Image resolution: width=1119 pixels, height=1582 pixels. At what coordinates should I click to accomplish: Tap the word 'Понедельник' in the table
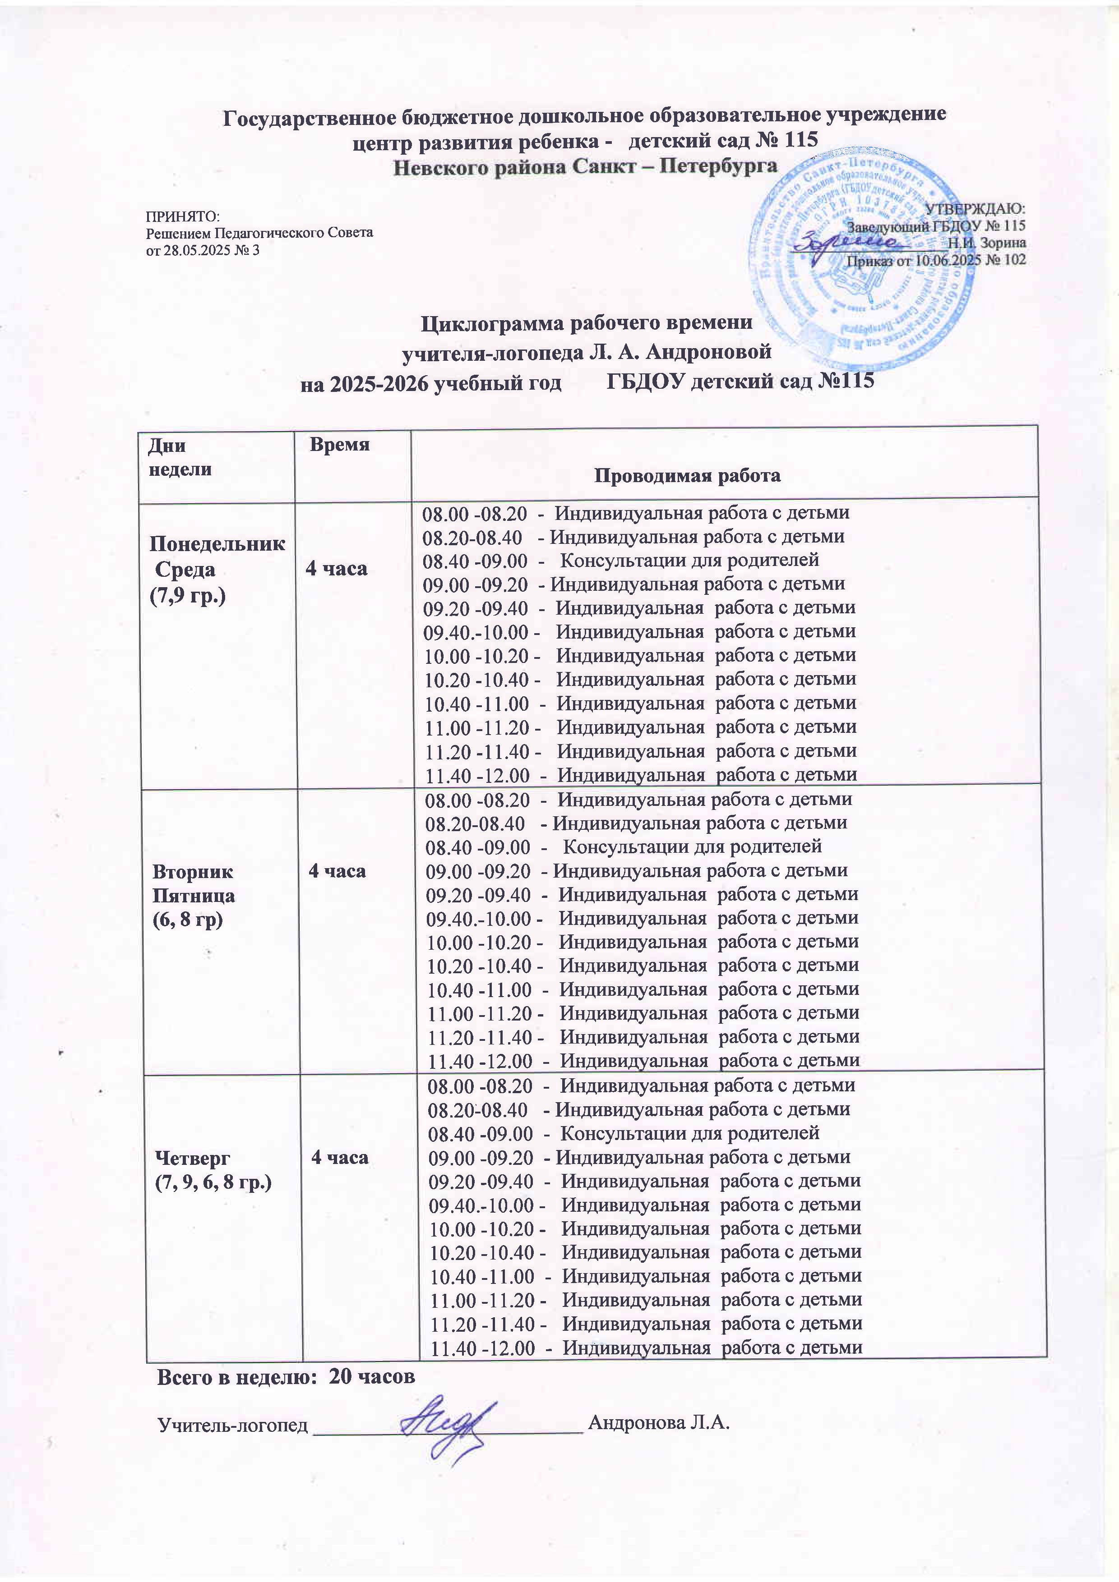[x=217, y=543]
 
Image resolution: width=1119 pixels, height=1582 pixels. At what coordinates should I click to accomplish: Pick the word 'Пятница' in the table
[x=193, y=896]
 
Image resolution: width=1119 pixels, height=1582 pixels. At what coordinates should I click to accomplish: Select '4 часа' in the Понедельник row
[x=337, y=568]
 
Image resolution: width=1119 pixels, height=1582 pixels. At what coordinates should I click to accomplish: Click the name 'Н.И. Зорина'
[x=986, y=243]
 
